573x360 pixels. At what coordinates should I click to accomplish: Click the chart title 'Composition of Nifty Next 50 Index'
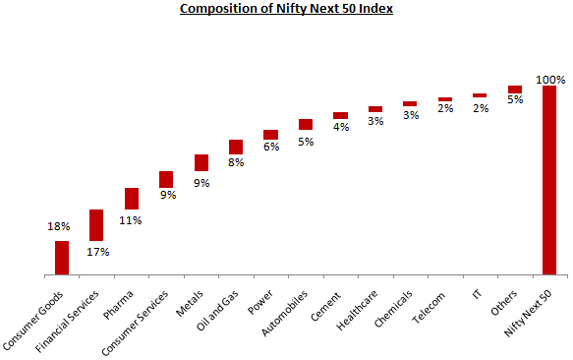(285, 11)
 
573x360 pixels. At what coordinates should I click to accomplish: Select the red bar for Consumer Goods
(62, 258)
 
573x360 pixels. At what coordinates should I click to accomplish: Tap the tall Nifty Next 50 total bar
(548, 180)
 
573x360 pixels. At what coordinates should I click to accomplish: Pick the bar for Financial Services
(96, 225)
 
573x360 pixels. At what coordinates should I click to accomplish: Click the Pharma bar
(131, 199)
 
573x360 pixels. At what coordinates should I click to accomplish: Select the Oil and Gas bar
(236, 147)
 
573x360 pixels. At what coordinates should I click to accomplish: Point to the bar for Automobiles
(306, 124)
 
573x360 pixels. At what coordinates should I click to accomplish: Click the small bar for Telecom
(445, 99)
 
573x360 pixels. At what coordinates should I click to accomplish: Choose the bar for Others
(514, 89)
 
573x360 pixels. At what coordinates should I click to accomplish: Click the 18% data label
(59, 226)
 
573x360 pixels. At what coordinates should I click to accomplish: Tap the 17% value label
(96, 253)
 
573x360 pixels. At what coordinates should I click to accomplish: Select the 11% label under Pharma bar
(131, 220)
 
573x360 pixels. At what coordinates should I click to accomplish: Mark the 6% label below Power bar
(271, 148)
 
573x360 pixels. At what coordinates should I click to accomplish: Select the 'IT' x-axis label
(476, 294)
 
